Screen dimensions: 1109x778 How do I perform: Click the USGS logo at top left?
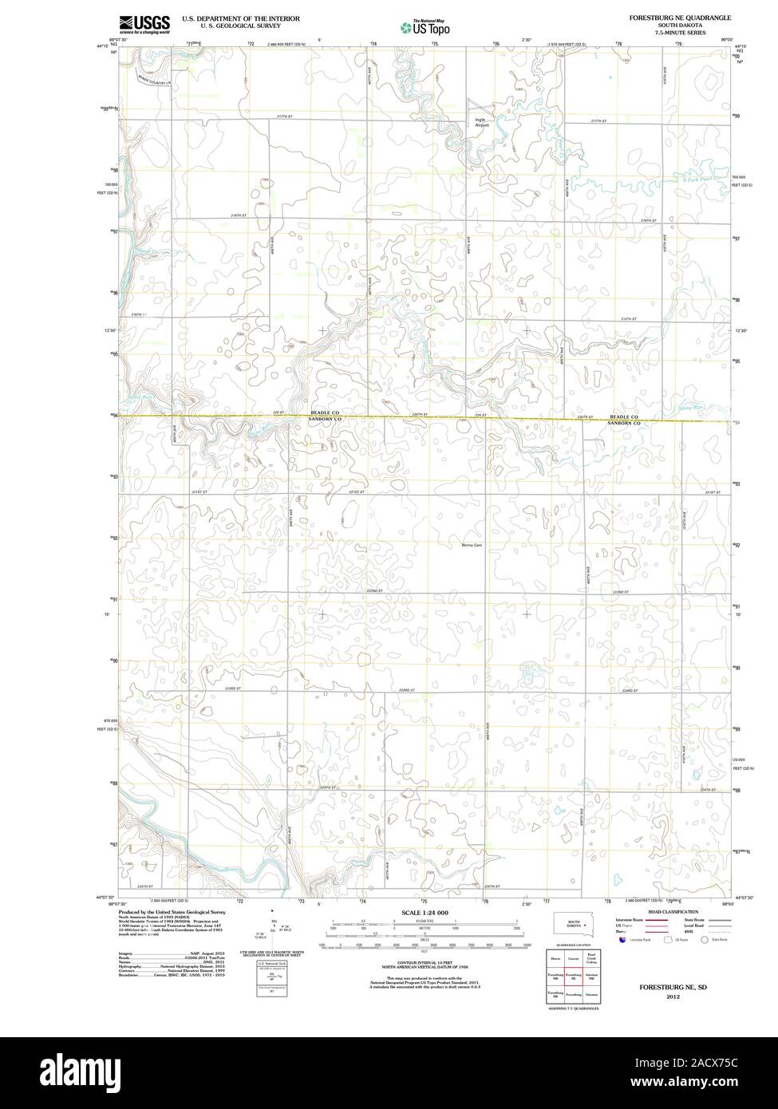(144, 24)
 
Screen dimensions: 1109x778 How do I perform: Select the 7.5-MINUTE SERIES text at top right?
(678, 32)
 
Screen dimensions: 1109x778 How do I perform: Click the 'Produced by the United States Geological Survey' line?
(172, 911)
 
